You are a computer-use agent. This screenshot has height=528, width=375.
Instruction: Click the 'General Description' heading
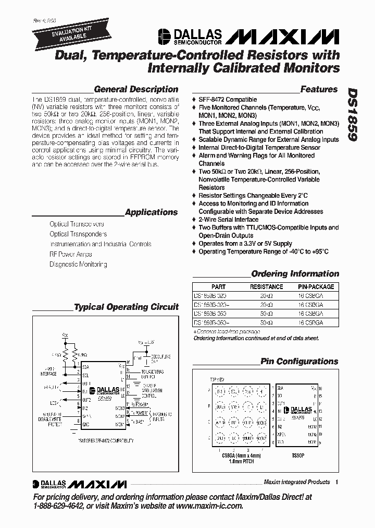(136, 89)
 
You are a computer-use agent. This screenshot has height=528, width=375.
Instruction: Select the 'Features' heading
(319, 89)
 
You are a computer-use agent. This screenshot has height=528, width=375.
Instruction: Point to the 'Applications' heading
(152, 212)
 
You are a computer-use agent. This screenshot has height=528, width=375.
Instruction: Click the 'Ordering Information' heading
(295, 274)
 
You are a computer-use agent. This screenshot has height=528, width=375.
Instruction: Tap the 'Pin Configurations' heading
(299, 361)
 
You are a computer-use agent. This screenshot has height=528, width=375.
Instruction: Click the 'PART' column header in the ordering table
(219, 287)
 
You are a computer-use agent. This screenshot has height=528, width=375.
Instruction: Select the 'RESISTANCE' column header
(266, 287)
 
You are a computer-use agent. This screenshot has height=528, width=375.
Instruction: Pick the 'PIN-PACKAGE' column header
(316, 287)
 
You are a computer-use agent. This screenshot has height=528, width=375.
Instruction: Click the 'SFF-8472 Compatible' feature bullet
(228, 100)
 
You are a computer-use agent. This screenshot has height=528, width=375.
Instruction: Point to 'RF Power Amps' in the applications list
(71, 254)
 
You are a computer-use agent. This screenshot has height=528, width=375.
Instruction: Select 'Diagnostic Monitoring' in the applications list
(78, 265)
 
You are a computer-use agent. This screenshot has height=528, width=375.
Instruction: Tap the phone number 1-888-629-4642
(58, 506)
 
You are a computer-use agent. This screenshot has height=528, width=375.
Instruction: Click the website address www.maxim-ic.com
(211, 506)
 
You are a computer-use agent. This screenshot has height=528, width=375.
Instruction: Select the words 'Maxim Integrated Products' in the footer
(296, 482)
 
